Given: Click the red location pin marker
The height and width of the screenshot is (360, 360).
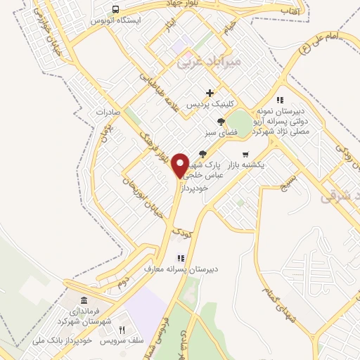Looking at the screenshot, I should tap(180, 164).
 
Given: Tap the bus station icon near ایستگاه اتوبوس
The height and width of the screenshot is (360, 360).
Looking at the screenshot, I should tap(115, 9).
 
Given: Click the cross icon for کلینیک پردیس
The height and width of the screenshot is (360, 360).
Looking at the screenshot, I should tap(210, 93).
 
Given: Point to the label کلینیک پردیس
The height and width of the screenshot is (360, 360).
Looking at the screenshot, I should tap(209, 103).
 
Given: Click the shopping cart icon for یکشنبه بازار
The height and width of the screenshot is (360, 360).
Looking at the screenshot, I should tap(245, 155).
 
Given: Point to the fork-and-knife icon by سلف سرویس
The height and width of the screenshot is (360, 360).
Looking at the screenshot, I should tap(122, 329).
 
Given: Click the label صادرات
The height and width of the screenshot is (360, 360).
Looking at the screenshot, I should tap(109, 112).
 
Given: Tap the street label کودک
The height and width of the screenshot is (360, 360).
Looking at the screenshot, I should tap(180, 230).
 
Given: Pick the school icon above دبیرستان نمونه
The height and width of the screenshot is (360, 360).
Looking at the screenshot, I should tap(279, 101).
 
